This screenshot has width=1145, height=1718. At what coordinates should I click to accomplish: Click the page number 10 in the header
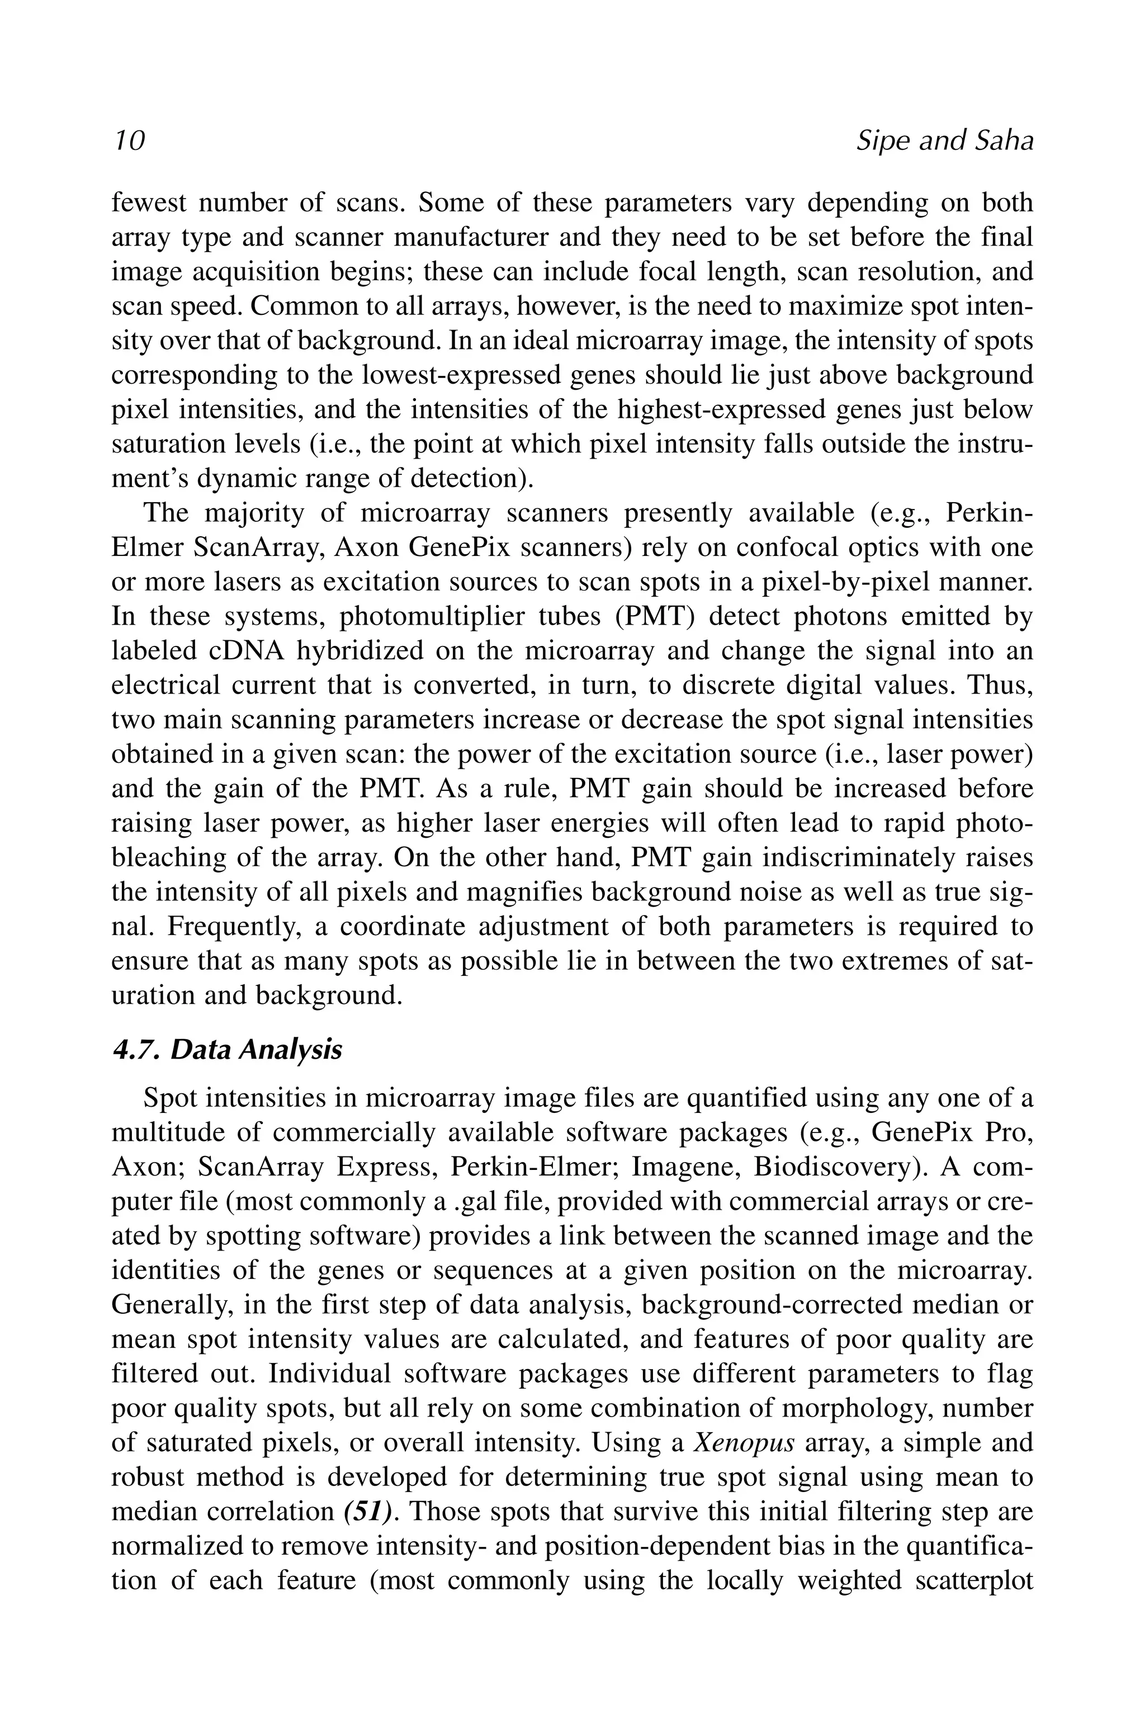(x=129, y=140)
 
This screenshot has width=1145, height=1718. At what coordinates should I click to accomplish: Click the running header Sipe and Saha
(x=944, y=140)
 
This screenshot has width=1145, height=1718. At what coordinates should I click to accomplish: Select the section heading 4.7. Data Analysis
(x=226, y=1050)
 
